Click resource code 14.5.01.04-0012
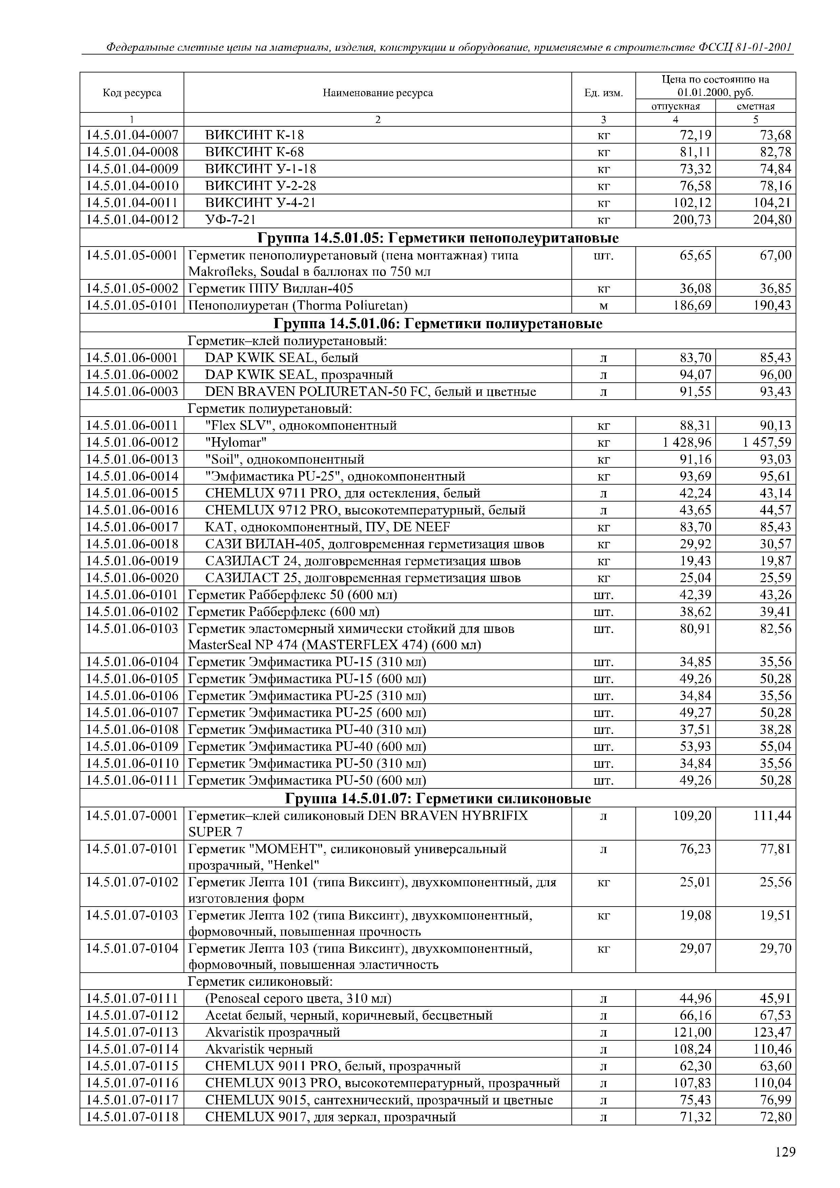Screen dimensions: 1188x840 coord(132,220)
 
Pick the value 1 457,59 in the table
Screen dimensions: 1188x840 coord(766,442)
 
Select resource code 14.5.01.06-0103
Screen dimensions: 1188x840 coord(132,629)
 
